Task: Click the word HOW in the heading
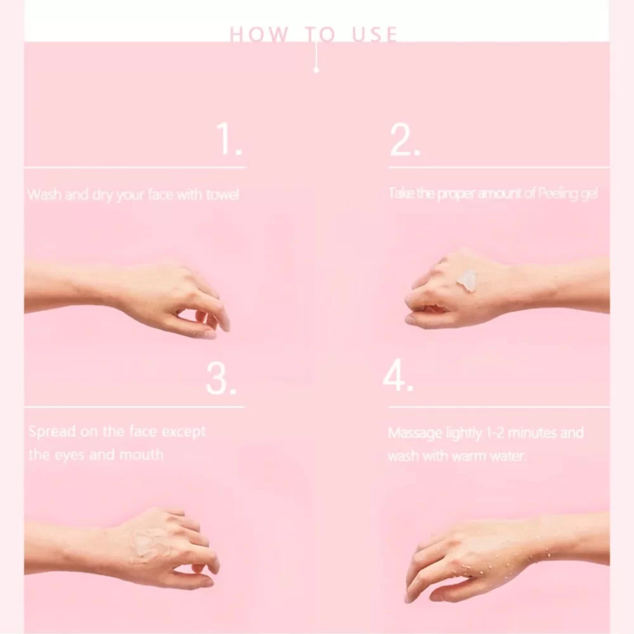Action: click(259, 34)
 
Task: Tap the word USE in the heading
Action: click(375, 34)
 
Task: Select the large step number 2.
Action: click(405, 140)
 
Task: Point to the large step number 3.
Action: click(221, 378)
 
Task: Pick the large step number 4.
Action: click(398, 375)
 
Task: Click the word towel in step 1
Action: click(223, 195)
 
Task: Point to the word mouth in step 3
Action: click(141, 455)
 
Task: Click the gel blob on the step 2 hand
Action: click(467, 280)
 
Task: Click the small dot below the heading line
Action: click(316, 70)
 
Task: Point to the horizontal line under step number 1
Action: click(136, 167)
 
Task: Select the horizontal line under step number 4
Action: click(499, 407)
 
